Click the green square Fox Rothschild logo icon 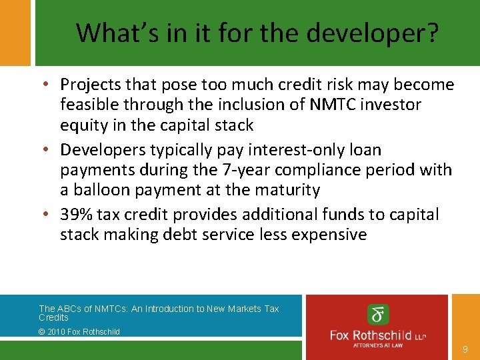pyautogui.click(x=378, y=314)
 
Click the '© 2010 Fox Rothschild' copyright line pyautogui.click(x=79, y=331)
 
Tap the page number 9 pyautogui.click(x=465, y=349)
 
